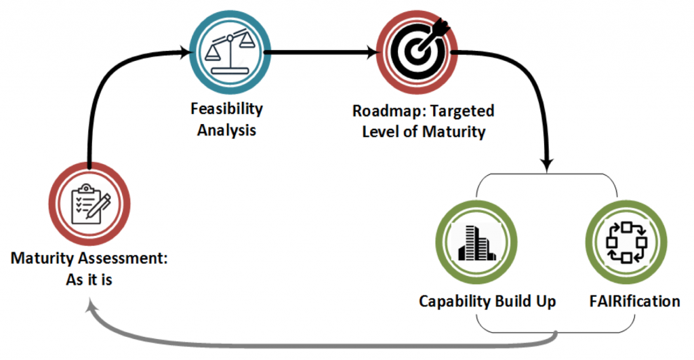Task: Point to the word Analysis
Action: tap(227, 130)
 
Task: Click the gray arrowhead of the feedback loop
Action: tap(91, 308)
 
